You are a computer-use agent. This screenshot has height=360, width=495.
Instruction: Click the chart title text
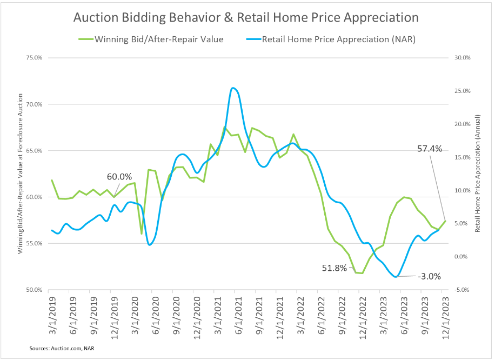246,17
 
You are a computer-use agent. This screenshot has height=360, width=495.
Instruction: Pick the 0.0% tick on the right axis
460,257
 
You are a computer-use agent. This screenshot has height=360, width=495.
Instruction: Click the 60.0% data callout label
119,176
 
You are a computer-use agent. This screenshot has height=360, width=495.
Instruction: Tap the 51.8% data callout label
333,268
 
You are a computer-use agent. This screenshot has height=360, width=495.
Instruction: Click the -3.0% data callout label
429,276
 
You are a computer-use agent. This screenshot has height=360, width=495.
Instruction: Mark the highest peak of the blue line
232,88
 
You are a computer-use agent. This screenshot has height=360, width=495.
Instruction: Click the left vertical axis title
20,174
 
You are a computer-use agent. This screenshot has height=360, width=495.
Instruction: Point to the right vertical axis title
478,174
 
